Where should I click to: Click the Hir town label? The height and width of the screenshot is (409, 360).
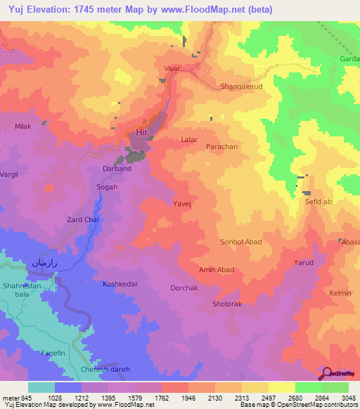(143, 132)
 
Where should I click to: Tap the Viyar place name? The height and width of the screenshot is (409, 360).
(172, 70)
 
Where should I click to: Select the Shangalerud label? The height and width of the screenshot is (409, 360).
(242, 86)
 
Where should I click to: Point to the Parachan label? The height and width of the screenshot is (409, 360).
(221, 147)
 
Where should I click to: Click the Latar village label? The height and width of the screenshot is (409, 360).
(189, 140)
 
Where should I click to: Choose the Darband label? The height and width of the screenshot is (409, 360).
(117, 169)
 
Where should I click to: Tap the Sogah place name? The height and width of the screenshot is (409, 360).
(107, 187)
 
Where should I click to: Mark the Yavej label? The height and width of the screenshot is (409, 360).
(182, 203)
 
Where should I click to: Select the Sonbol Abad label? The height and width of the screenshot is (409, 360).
(241, 242)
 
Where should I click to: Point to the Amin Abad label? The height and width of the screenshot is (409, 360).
(217, 270)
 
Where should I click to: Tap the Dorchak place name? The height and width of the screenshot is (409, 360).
(184, 288)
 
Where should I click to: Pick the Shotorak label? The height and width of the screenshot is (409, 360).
(227, 304)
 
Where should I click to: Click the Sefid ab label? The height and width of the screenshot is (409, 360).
(317, 202)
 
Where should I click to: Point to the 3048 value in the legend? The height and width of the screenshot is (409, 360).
(348, 398)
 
